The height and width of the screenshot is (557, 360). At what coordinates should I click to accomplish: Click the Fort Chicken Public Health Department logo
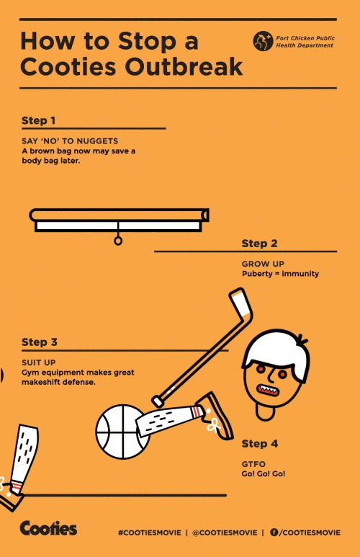(263, 41)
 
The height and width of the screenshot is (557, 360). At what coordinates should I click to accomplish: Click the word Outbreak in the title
(184, 66)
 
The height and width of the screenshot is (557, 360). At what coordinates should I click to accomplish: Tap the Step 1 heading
(38, 120)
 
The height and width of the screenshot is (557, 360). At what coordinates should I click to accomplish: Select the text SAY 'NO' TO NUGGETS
(70, 141)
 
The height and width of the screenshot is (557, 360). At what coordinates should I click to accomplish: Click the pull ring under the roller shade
(118, 241)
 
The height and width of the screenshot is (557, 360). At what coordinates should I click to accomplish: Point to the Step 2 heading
(259, 244)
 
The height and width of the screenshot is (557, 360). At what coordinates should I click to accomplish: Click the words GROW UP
(263, 264)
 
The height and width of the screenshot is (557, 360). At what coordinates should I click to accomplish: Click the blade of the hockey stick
(241, 303)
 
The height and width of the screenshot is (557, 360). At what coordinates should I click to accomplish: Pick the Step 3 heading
(40, 342)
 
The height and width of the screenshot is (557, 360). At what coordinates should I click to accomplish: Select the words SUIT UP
(39, 362)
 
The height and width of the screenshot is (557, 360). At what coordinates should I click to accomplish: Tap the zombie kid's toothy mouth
(268, 390)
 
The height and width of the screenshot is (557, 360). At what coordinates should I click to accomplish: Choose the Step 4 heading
(260, 444)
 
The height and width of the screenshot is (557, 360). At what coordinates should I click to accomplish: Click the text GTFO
(253, 464)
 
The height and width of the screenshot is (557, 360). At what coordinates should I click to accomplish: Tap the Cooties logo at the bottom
(48, 528)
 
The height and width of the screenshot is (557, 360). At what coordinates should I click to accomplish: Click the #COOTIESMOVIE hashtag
(150, 533)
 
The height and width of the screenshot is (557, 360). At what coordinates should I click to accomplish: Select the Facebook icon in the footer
(274, 532)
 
